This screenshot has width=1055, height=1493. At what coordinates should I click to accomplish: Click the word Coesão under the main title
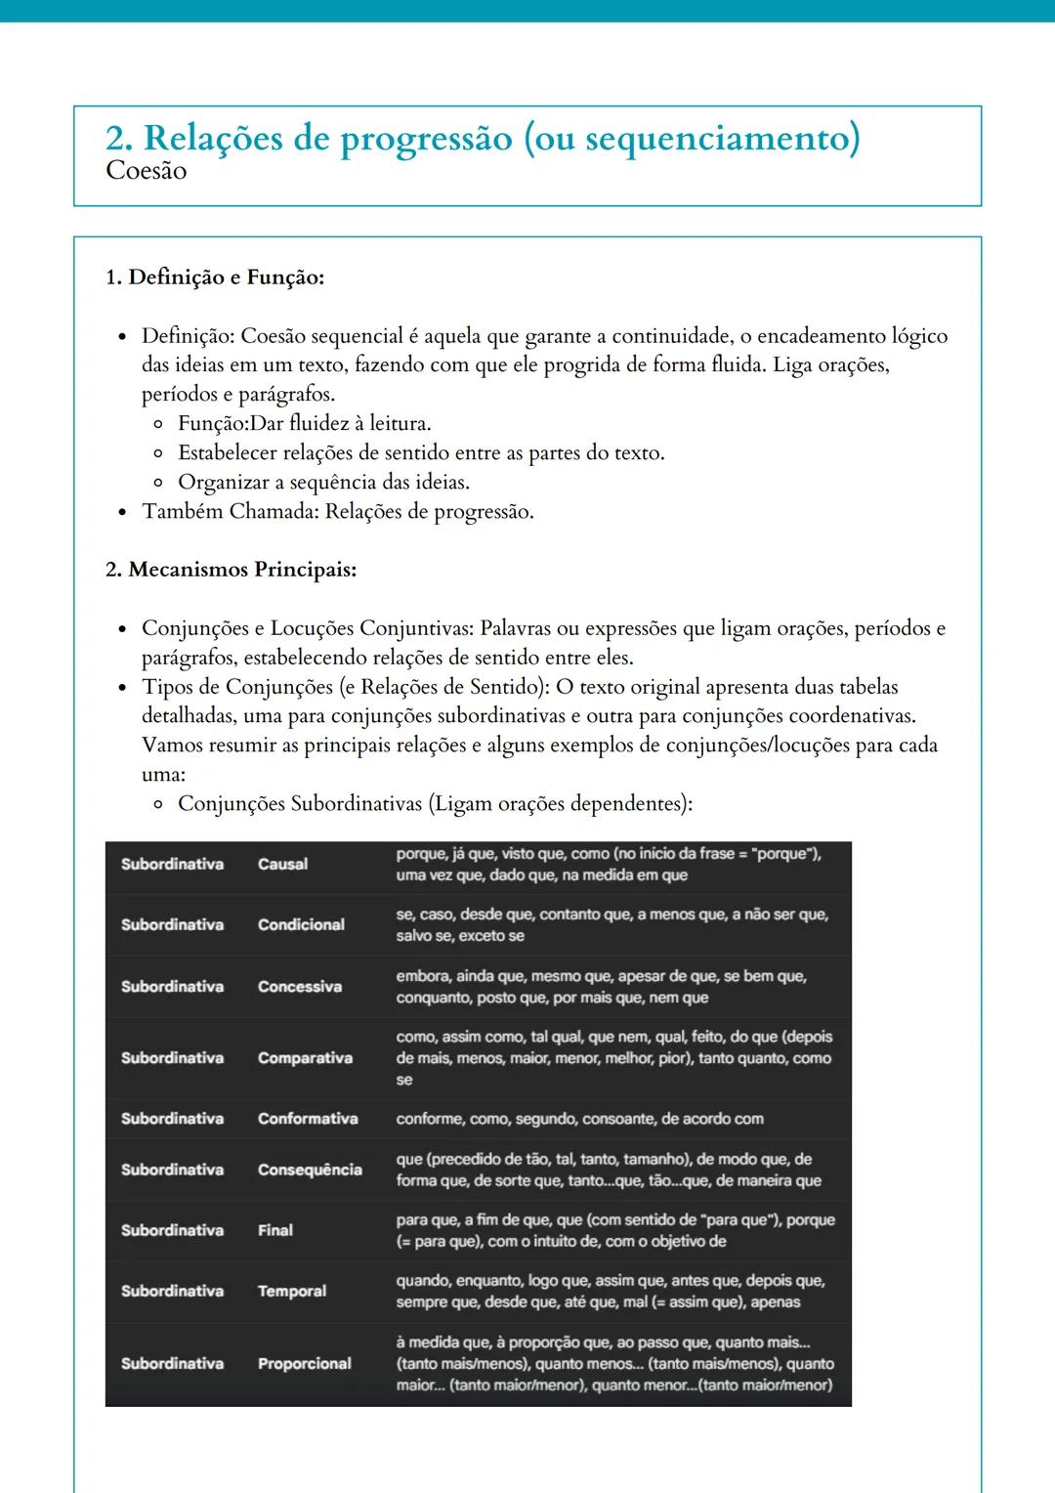tap(146, 171)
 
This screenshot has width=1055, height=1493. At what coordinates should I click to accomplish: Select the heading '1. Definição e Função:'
tap(215, 277)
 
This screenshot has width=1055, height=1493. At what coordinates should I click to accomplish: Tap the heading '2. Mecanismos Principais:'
tap(231, 570)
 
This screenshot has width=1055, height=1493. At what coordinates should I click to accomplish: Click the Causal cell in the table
tap(282, 864)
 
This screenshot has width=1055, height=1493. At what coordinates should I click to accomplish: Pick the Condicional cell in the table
tap(301, 924)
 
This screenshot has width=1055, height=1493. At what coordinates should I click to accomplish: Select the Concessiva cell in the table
tap(299, 987)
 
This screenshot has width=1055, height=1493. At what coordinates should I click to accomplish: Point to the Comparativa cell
tap(305, 1058)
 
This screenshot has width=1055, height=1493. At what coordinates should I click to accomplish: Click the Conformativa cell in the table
tap(308, 1119)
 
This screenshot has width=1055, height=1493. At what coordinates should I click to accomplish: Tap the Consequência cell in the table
tap(310, 1170)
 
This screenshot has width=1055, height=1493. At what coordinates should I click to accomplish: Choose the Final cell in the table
tap(274, 1230)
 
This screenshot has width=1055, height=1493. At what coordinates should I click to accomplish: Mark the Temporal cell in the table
tap(291, 1291)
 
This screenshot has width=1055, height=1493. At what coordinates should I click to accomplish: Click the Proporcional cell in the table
tap(304, 1364)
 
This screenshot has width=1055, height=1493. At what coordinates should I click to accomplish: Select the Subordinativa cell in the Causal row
tap(172, 864)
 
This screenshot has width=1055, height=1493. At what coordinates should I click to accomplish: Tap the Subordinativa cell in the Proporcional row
tap(172, 1364)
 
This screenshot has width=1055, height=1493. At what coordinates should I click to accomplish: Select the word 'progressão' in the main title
tap(426, 139)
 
